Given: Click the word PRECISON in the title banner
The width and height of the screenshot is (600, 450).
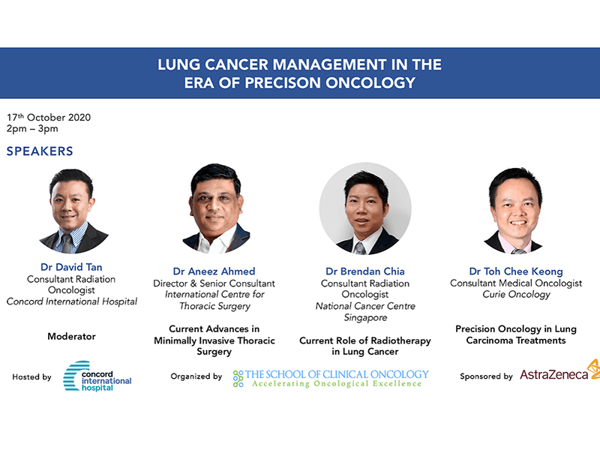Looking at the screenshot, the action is [283, 82].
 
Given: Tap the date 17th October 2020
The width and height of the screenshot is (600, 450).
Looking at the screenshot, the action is [49, 117].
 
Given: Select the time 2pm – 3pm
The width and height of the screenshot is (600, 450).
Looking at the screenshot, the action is [32, 128].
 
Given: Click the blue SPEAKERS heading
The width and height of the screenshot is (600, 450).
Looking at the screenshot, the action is [40, 151].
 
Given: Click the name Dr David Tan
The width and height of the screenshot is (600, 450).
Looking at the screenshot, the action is [71, 267].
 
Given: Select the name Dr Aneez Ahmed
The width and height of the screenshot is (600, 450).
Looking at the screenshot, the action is [214, 271].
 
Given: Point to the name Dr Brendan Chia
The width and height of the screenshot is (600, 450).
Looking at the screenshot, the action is [365, 271].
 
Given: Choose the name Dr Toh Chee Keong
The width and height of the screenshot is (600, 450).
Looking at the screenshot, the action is [516, 271].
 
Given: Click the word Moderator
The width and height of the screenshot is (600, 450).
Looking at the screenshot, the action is [71, 336].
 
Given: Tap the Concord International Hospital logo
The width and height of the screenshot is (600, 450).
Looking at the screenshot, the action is [97, 376].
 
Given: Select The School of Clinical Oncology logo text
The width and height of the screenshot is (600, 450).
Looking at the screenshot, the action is [331, 378].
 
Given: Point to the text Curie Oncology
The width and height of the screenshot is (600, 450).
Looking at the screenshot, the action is [516, 294].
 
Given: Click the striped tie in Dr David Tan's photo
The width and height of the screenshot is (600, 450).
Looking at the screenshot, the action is [67, 242].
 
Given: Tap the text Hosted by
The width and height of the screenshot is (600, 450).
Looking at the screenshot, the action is [31, 377].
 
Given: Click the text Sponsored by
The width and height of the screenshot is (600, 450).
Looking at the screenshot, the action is [486, 376].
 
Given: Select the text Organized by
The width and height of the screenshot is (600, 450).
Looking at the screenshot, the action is [196, 376].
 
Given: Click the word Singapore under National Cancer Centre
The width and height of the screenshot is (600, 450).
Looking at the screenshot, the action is [365, 317].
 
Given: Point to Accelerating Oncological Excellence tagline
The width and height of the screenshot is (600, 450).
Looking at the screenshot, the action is [337, 383].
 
